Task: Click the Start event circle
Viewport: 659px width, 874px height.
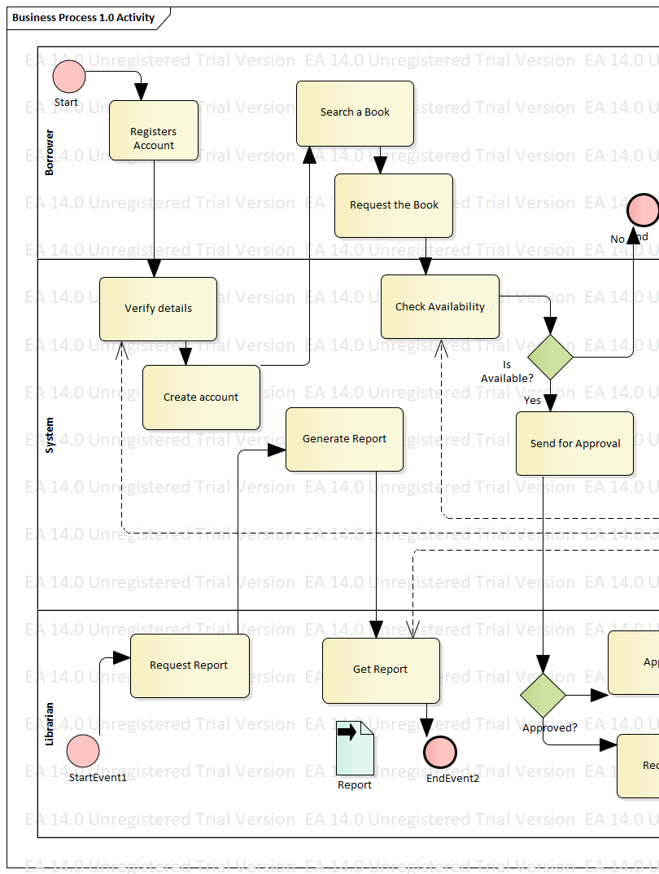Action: point(69,77)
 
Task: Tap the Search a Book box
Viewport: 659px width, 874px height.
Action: point(355,112)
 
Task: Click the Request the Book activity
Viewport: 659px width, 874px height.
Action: point(394,205)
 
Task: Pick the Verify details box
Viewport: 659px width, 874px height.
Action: point(158,309)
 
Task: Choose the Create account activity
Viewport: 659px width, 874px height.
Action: point(201,397)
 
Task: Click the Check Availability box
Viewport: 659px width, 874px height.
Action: point(440,307)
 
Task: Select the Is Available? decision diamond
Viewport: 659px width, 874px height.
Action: point(551,357)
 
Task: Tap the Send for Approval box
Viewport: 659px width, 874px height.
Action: point(574,444)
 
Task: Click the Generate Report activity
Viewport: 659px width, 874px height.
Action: point(344,439)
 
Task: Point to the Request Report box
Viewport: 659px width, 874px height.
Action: point(190,665)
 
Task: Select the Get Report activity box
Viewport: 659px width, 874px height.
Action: point(381,670)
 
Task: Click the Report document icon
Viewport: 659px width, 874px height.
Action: point(355,748)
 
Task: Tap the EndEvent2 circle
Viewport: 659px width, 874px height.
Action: point(440,751)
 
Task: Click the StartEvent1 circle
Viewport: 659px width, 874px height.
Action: point(83,750)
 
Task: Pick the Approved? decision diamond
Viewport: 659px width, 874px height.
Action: point(543,695)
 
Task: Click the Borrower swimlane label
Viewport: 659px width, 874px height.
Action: point(50,152)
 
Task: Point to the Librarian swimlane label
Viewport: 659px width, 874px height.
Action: point(50,723)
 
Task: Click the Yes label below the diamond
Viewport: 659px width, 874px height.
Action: point(532,400)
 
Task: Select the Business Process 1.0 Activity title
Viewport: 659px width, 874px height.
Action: point(84,17)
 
